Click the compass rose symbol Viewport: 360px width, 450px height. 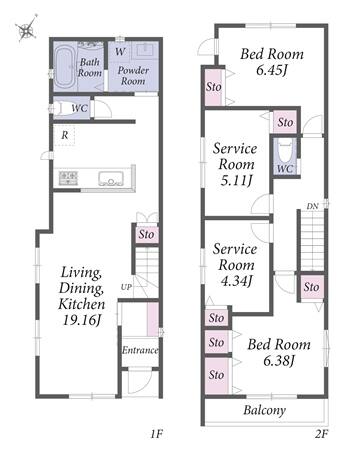[26, 29]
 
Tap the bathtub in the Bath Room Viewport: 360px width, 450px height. [65, 68]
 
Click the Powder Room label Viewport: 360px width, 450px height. [133, 75]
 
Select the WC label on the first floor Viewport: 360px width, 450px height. [80, 108]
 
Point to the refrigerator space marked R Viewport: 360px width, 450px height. [65, 135]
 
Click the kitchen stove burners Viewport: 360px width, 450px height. [68, 178]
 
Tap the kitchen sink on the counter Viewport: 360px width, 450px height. [111, 178]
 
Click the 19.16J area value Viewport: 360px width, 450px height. [82, 320]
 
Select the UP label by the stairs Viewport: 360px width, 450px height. [126, 287]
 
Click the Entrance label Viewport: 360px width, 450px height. [140, 350]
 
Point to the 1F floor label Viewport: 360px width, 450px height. [156, 434]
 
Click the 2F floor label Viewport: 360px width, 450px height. [321, 434]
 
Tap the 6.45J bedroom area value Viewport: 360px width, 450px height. [272, 71]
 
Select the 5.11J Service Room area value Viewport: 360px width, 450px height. [236, 180]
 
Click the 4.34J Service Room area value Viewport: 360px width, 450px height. [236, 281]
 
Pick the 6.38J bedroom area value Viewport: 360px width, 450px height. [279, 361]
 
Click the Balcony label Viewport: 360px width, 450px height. [265, 410]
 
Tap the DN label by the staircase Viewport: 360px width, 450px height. [312, 206]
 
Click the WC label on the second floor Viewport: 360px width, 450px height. [285, 169]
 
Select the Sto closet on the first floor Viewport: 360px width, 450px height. [146, 234]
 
